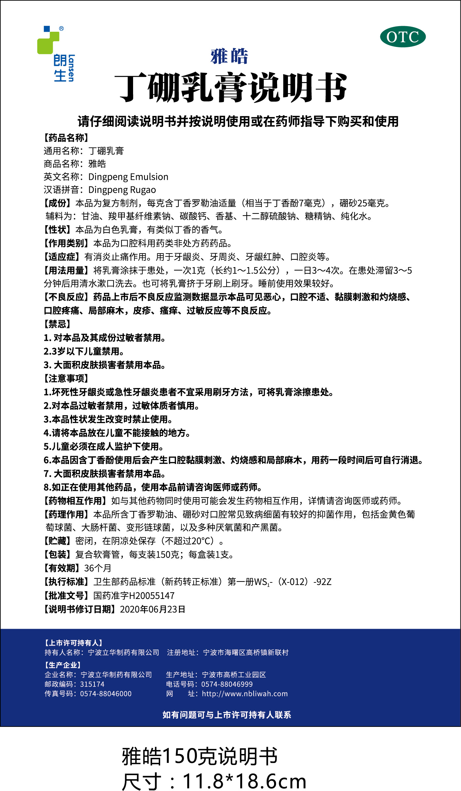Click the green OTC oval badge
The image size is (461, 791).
pos(403,37)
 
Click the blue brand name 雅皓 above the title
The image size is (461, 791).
pos(229,56)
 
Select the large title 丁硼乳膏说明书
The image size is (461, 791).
pos(230,88)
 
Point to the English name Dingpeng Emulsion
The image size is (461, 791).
pos(128,177)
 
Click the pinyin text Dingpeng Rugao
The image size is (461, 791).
pos(122,190)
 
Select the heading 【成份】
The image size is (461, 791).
pos(58,203)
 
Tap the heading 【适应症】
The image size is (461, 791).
pos(62,257)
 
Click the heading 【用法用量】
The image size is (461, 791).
pos(67,270)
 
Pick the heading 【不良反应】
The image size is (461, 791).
pos(67,297)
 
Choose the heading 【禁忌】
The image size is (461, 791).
pos(58,324)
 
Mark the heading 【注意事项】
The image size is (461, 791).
pos(67,378)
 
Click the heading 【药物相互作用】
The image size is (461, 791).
pos(76,501)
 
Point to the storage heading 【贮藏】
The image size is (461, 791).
pos(58,541)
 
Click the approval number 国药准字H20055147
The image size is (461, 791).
pos(134,596)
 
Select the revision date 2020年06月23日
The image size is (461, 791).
pos(153,609)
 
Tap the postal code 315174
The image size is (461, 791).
pos(92,684)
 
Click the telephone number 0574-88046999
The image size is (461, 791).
pos(227,684)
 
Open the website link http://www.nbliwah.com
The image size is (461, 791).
pos(245,694)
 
